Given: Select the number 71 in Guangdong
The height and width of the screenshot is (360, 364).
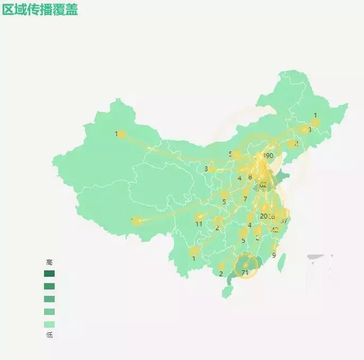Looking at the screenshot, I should [x=245, y=273].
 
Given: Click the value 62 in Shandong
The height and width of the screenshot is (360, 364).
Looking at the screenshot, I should [x=263, y=185].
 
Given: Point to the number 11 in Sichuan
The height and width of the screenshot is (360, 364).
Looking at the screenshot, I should [x=199, y=224].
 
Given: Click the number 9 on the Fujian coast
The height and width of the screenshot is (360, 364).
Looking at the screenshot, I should [x=274, y=255].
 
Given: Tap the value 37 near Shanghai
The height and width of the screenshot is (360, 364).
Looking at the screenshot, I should [x=284, y=221].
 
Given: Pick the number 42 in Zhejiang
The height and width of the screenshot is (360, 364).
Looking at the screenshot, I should [x=274, y=230].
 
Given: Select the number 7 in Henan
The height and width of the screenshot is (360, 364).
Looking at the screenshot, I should [x=245, y=199].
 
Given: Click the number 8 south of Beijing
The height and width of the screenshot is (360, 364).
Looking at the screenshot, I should [x=250, y=177].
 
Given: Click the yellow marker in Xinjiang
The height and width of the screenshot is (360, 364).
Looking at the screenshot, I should [x=122, y=134].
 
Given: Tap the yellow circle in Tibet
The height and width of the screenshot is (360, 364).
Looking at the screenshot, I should [x=137, y=221].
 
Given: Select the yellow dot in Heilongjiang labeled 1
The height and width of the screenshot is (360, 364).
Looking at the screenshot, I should [x=315, y=123].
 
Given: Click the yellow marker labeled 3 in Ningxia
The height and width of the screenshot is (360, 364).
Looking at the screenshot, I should [x=212, y=169].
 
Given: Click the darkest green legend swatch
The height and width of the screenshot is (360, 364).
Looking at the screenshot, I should [x=49, y=274].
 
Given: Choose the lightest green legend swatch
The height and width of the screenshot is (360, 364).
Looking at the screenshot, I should [x=49, y=324].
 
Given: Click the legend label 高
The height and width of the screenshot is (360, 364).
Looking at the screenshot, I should [x=49, y=262].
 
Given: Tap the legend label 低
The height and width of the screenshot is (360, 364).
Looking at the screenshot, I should [x=49, y=335].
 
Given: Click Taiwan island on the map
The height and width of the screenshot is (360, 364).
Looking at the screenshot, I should [x=282, y=262].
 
